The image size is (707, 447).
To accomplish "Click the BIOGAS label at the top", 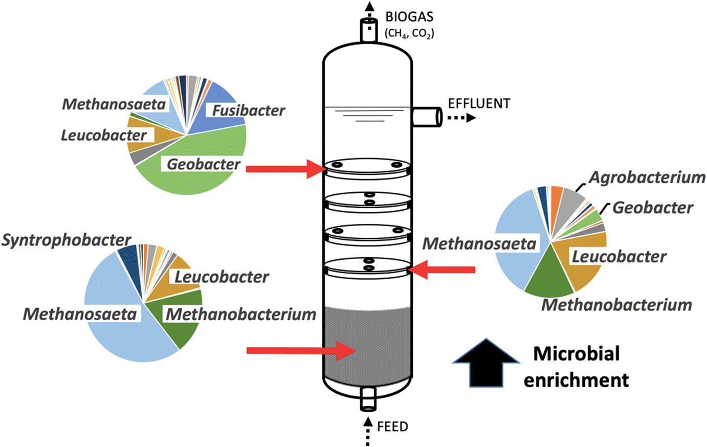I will click(409, 16).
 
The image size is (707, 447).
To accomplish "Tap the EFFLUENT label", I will click(479, 103).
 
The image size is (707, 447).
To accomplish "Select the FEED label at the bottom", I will click(392, 426).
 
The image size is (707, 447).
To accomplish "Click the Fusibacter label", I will click(249, 110).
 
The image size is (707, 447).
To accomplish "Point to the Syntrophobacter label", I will click(67, 240).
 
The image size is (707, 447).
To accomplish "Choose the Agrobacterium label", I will click(647, 177).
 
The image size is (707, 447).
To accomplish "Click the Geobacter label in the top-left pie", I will click(204, 164).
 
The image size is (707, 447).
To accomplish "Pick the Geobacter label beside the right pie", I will click(653, 208).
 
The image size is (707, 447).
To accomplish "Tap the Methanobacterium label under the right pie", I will click(616, 305).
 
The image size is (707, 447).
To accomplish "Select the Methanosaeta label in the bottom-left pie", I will click(80, 314).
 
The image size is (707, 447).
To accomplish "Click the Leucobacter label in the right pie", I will click(619, 256).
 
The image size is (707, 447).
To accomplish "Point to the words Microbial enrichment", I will click(576, 367).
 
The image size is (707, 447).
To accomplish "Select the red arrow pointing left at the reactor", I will click(444, 270).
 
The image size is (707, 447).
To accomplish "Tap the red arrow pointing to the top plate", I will click(285, 168).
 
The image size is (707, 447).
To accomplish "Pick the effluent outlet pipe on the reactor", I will click(426, 117).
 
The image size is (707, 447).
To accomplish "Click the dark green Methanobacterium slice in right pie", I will click(550, 276).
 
